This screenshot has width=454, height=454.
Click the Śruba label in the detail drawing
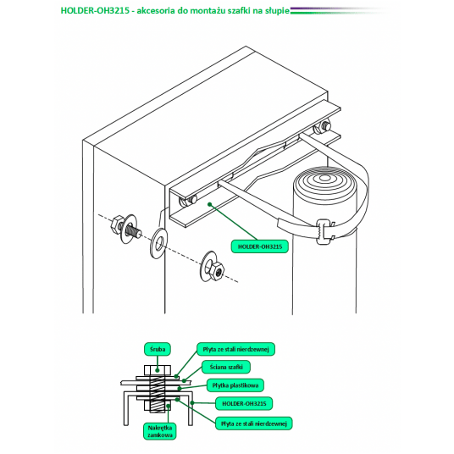158,349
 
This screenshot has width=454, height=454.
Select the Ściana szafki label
226,367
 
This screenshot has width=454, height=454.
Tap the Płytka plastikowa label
235,385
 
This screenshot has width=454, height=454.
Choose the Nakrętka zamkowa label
160,431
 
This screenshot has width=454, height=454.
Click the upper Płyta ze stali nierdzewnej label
235,349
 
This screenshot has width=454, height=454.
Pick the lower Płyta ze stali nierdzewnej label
253,424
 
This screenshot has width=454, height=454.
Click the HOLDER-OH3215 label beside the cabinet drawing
260,246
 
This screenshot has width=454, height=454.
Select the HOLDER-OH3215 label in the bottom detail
244,404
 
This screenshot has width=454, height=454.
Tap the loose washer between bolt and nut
158,243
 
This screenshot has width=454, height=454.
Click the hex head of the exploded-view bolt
118,224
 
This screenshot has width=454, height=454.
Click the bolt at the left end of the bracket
187,201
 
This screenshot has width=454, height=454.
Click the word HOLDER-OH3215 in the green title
95,10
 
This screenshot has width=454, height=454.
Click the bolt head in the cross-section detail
158,370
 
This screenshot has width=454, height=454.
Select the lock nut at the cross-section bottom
158,405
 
